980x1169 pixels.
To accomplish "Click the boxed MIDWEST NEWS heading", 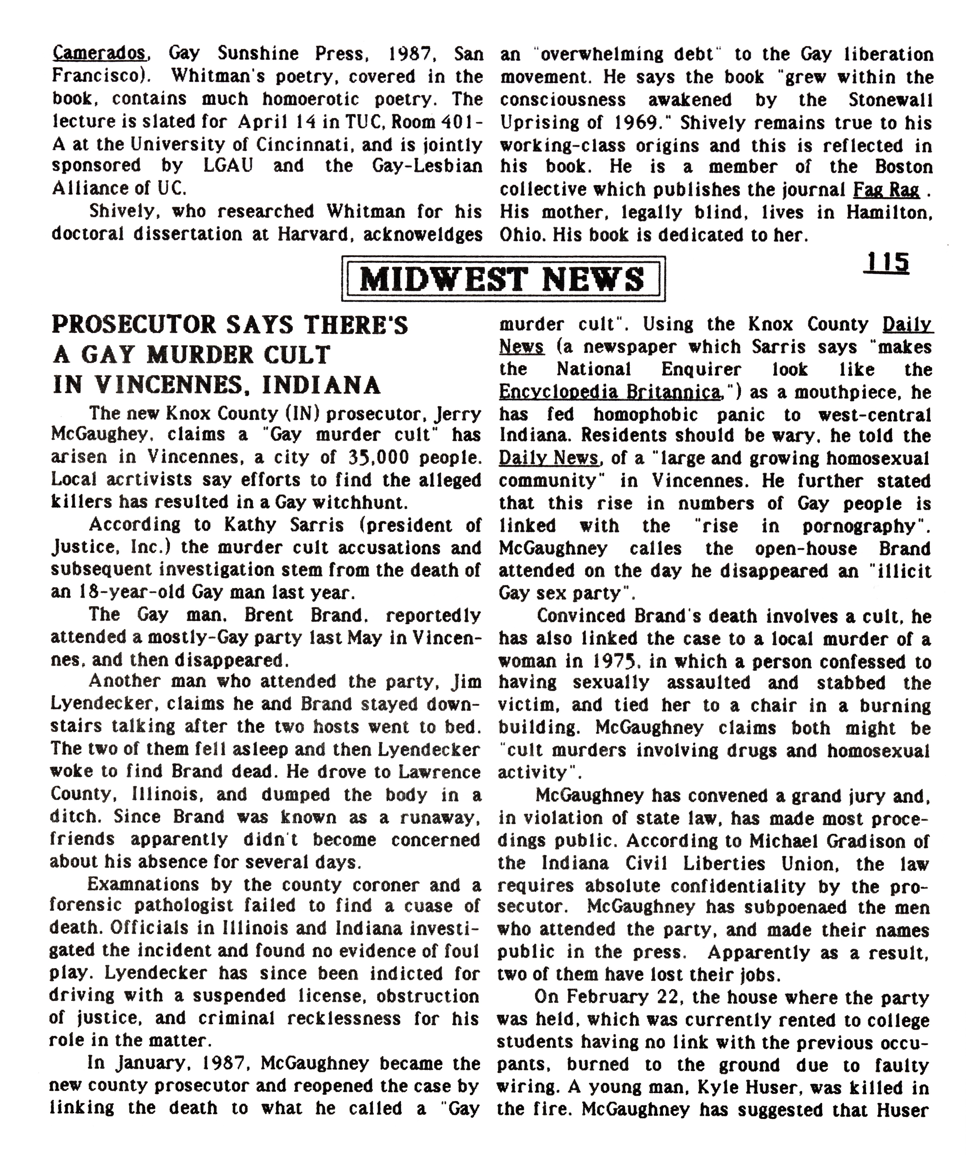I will click(x=503, y=278).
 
